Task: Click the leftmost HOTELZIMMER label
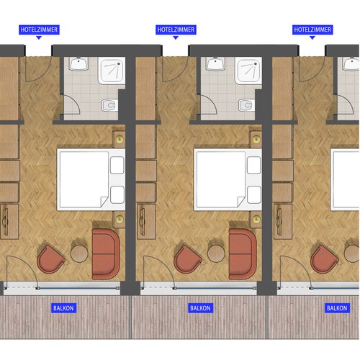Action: [x=39, y=30]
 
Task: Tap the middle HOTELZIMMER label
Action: [x=176, y=30]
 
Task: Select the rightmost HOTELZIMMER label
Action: [x=312, y=30]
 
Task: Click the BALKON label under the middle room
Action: [x=200, y=308]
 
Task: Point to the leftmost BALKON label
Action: [x=63, y=308]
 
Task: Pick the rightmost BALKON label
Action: [x=337, y=308]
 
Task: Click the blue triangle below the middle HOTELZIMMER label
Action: [x=176, y=37]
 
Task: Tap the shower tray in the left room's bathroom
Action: [x=112, y=71]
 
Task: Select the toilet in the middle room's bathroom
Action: [x=246, y=105]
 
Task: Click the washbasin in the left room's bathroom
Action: [x=78, y=63]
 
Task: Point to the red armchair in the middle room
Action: [x=187, y=260]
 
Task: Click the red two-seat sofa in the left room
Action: [x=106, y=254]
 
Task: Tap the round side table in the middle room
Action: [x=216, y=253]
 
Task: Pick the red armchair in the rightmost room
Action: [x=324, y=260]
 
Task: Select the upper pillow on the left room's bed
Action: [x=117, y=165]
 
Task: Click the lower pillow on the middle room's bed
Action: [x=254, y=194]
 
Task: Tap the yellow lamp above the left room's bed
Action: [x=120, y=139]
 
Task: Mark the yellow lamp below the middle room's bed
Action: [x=256, y=219]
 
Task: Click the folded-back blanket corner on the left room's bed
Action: [x=104, y=201]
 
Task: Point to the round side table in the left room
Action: [x=79, y=253]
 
